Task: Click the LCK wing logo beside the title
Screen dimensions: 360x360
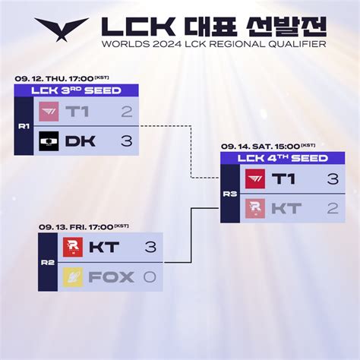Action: pyautogui.click(x=62, y=28)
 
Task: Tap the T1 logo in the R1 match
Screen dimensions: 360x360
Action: pyautogui.click(x=49, y=112)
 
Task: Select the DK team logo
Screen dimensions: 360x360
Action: pyautogui.click(x=49, y=141)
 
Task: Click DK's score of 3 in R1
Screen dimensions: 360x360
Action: pyautogui.click(x=127, y=141)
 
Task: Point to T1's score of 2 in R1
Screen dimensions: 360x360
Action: pyautogui.click(x=127, y=112)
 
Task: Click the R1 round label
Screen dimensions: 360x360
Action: pyautogui.click(x=24, y=126)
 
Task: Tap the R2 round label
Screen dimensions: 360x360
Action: pyautogui.click(x=48, y=263)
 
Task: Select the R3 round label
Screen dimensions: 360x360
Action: pyautogui.click(x=230, y=194)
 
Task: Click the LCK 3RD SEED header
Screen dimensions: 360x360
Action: pyautogui.click(x=76, y=90)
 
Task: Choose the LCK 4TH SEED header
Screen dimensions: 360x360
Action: pyautogui.click(x=283, y=158)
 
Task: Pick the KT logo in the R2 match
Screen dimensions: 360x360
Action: pyautogui.click(x=73, y=247)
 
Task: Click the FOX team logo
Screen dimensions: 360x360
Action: pyautogui.click(x=73, y=277)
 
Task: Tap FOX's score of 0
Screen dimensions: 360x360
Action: pyautogui.click(x=150, y=277)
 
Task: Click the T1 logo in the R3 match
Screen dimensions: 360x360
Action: pyautogui.click(x=255, y=179)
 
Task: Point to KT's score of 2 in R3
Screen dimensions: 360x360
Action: pyautogui.click(x=333, y=209)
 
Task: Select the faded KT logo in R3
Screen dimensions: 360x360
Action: pyautogui.click(x=255, y=209)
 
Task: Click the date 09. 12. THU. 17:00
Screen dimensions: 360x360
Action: pyautogui.click(x=54, y=79)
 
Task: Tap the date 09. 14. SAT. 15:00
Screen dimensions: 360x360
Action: pyautogui.click(x=261, y=147)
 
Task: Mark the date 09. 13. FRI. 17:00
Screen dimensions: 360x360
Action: pyautogui.click(x=76, y=227)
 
